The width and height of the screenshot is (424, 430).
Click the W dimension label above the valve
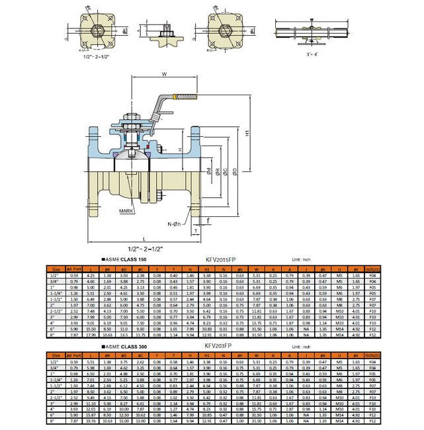(x=163, y=73)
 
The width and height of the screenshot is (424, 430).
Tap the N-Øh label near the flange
(x=174, y=225)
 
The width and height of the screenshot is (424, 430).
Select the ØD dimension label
(x=235, y=173)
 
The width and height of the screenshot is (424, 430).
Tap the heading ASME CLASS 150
(x=124, y=261)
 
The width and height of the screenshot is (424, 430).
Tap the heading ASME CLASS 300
(x=124, y=346)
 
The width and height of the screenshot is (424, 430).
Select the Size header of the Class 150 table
(x=56, y=269)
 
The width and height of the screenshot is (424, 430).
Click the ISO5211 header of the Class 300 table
(x=373, y=355)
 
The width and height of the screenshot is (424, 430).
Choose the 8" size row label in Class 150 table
(x=56, y=335)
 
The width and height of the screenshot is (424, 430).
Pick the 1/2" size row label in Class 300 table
(x=56, y=361)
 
